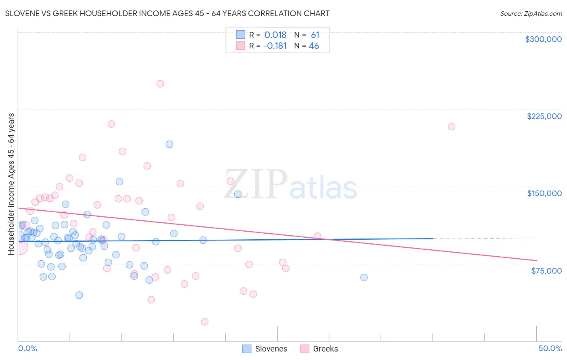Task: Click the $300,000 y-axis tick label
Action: (x=543, y=39)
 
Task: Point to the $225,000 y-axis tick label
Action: (x=544, y=116)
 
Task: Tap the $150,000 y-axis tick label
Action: (x=544, y=193)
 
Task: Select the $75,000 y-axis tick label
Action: (x=546, y=271)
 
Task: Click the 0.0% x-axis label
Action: (x=27, y=348)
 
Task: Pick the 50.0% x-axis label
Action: (x=550, y=348)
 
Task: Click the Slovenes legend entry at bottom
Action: (x=265, y=349)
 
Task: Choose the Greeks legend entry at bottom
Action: (x=319, y=349)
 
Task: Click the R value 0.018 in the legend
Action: (x=275, y=35)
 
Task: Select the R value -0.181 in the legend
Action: (x=275, y=46)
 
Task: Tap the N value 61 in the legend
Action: (x=315, y=35)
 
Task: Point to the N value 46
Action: (x=314, y=46)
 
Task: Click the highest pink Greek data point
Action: (x=160, y=84)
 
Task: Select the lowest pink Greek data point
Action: (x=204, y=322)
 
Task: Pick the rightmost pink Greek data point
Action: (x=452, y=127)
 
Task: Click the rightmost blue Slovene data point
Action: (x=364, y=277)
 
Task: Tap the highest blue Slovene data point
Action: (x=169, y=144)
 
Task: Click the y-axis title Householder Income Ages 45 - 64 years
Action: (x=11, y=184)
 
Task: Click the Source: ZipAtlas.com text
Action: (x=531, y=14)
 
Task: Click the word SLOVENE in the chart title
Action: (x=22, y=14)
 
